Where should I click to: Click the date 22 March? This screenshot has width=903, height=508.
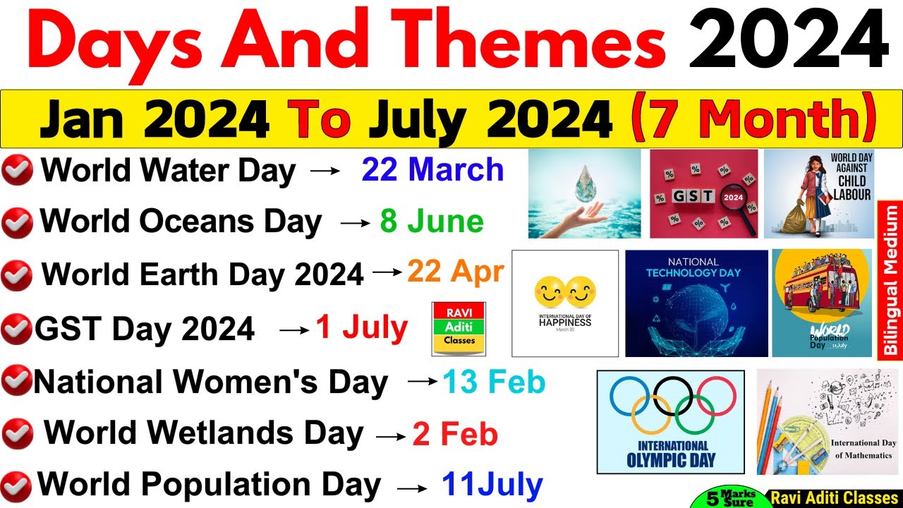pyautogui.click(x=432, y=170)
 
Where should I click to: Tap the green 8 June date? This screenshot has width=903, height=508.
pyautogui.click(x=432, y=222)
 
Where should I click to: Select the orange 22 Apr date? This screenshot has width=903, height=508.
pyautogui.click(x=455, y=272)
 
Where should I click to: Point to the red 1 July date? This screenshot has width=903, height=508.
pyautogui.click(x=361, y=327)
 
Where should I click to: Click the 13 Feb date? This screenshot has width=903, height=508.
pyautogui.click(x=494, y=382)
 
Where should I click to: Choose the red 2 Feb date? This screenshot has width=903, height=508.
pyautogui.click(x=455, y=434)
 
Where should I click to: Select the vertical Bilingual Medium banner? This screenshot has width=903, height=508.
pyautogui.click(x=890, y=279)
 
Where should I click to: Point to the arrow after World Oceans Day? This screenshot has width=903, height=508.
pyautogui.click(x=355, y=224)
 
